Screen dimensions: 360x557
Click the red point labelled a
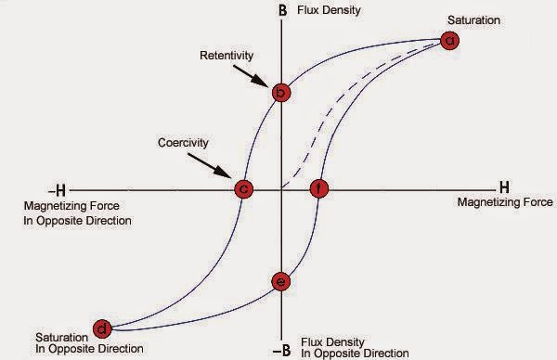(x=450, y=40)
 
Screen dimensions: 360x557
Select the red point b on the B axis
(x=281, y=92)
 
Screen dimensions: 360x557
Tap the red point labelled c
(x=243, y=188)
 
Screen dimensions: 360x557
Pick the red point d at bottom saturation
(x=103, y=328)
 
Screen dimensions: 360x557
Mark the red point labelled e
(x=281, y=281)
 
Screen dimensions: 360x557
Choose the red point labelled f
(x=318, y=188)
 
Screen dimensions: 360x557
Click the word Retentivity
(x=226, y=54)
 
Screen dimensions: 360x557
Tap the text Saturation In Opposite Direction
(x=89, y=341)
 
